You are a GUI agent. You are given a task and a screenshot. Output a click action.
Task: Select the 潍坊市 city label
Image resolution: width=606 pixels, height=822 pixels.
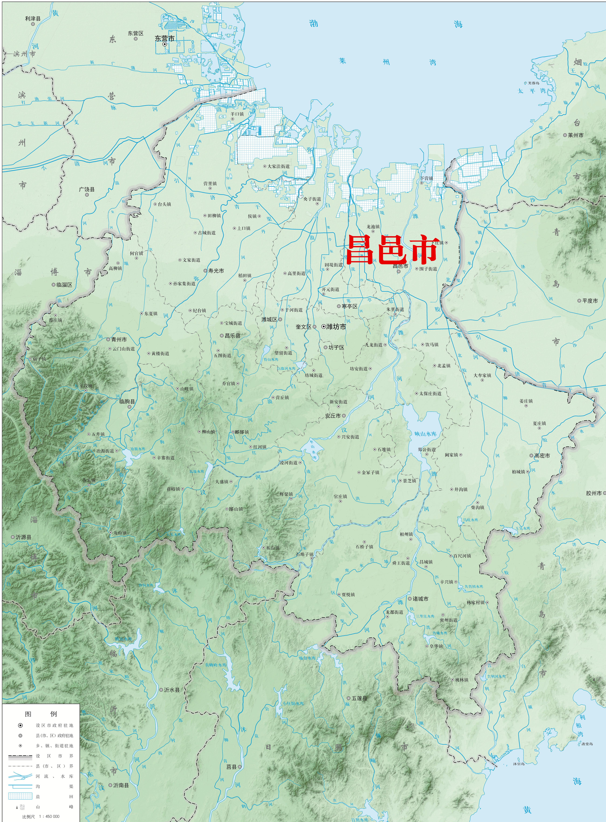336,327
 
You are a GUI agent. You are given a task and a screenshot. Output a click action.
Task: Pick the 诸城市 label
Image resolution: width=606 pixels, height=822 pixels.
420,599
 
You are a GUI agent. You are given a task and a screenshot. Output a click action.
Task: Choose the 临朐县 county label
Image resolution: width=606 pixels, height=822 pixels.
127,401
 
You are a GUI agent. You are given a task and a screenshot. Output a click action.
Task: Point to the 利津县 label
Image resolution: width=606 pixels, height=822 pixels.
33,18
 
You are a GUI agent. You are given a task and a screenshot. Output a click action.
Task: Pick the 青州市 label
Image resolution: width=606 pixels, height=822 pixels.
119,339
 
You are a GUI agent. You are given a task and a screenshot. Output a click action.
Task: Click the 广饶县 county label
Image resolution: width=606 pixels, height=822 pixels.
87,189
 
